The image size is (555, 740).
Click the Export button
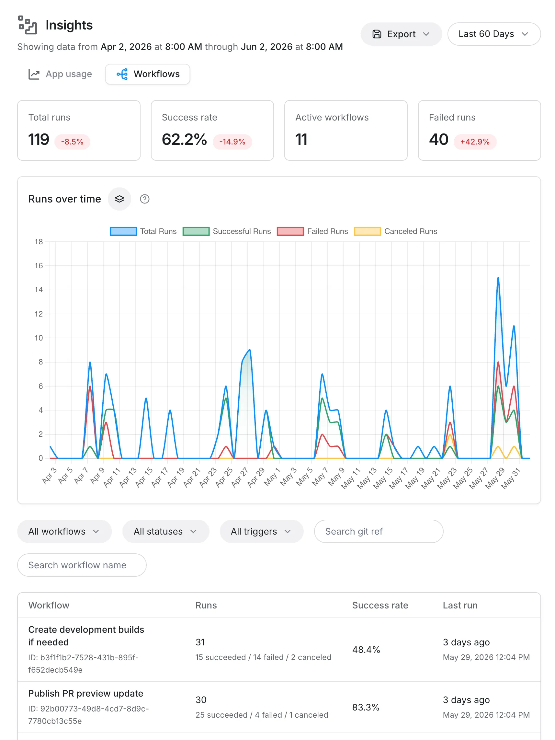pyautogui.click(x=401, y=34)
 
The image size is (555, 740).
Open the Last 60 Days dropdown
pyautogui.click(x=494, y=34)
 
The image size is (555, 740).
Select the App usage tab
pyautogui.click(x=60, y=74)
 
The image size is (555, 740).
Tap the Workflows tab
pyautogui.click(x=148, y=74)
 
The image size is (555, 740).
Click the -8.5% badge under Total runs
pyautogui.click(x=72, y=142)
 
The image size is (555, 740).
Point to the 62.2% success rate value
pyautogui.click(x=184, y=140)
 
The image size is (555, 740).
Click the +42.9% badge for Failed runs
pyautogui.click(x=475, y=142)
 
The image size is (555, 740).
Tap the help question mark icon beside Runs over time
pyautogui.click(x=144, y=199)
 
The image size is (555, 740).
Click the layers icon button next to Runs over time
pyautogui.click(x=119, y=199)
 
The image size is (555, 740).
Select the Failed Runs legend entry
pyautogui.click(x=312, y=232)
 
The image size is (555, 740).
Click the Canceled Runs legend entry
pyautogui.click(x=395, y=232)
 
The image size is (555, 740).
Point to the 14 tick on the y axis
pyautogui.click(x=39, y=290)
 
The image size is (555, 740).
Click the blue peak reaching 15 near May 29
pyautogui.click(x=498, y=278)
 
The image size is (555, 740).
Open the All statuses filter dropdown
pyautogui.click(x=165, y=531)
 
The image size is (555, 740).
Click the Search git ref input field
pyautogui.click(x=379, y=531)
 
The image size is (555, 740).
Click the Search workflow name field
pyautogui.click(x=82, y=565)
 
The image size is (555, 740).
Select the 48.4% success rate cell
pyautogui.click(x=366, y=650)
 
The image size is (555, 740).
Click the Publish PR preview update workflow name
pyautogui.click(x=85, y=693)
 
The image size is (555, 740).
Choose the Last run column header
pyautogui.click(x=460, y=605)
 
